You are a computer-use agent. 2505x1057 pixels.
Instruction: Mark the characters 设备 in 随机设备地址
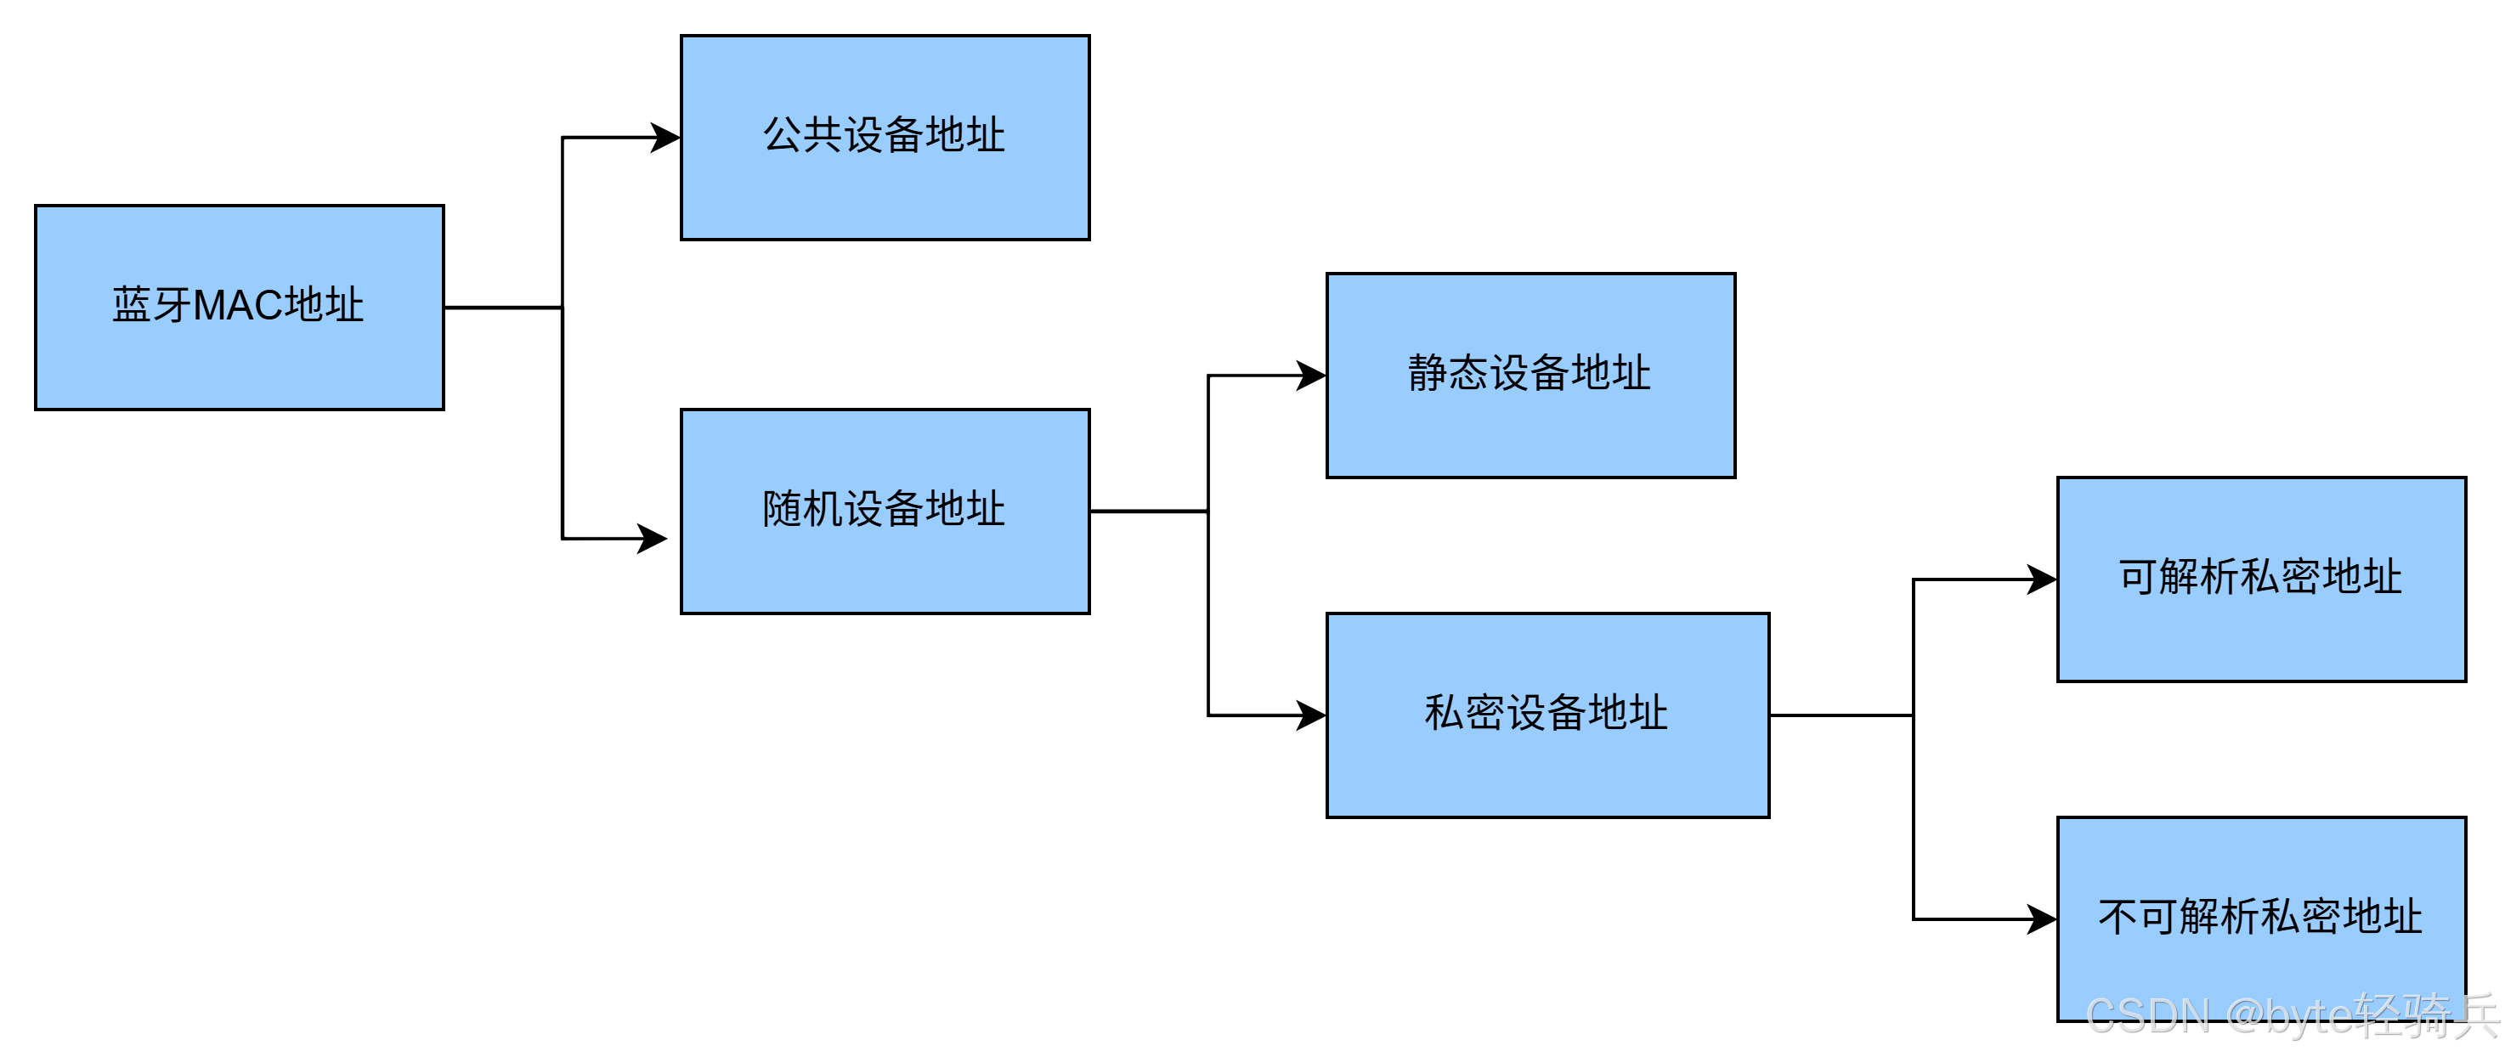click(x=884, y=510)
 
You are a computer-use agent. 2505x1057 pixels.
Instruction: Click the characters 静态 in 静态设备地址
click(x=1448, y=373)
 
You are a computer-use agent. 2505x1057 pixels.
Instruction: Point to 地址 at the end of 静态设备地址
click(x=1611, y=373)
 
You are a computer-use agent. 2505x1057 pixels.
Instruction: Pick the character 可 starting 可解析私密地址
click(x=2139, y=578)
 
